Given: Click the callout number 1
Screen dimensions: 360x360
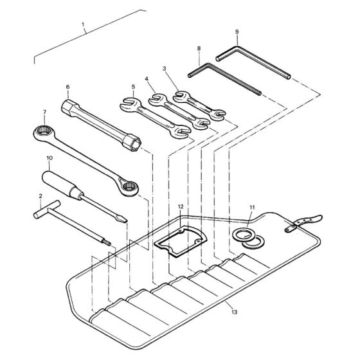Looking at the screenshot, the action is tap(83, 24).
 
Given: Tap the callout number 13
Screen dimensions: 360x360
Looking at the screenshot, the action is tap(235, 312).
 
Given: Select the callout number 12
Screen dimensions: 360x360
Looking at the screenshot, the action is tap(181, 206).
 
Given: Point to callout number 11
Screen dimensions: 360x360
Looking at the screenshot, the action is tap(252, 208).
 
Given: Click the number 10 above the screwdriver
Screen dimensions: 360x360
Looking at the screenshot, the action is tap(50, 158).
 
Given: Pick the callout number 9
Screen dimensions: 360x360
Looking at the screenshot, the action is tap(237, 32).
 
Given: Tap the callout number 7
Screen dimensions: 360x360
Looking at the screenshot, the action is tap(44, 112).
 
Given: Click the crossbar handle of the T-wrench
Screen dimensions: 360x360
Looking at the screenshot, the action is tap(47, 210).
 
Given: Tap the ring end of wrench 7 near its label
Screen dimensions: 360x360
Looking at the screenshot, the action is tap(44, 131).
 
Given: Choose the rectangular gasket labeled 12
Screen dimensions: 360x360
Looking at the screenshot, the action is tap(180, 242).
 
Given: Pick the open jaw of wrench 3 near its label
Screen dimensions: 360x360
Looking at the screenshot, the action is tap(181, 96).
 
